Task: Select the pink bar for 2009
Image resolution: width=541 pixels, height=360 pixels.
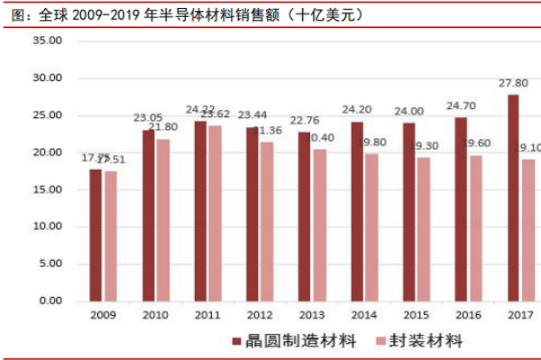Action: pyautogui.click(x=110, y=235)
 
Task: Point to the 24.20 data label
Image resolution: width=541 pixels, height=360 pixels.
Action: pyautogui.click(x=357, y=110)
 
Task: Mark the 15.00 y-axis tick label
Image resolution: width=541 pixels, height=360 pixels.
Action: pyautogui.click(x=48, y=189)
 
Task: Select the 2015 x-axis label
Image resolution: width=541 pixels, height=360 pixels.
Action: pyautogui.click(x=415, y=316)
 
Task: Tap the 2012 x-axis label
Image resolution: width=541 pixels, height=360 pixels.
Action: pyautogui.click(x=259, y=316)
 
